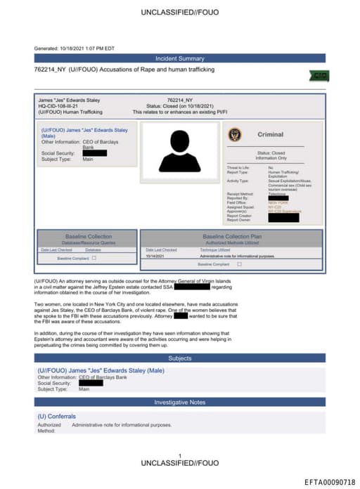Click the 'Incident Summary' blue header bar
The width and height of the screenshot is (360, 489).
[x=179, y=58]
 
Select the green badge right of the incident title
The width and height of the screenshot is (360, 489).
[x=319, y=75]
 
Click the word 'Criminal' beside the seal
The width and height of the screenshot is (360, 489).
[x=271, y=134]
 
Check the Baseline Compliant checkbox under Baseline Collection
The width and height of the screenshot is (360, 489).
[x=94, y=258]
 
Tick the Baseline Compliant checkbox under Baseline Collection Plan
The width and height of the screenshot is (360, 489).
[x=239, y=264]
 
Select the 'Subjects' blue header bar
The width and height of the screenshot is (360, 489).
[x=179, y=358]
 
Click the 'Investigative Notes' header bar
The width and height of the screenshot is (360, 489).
[x=179, y=402]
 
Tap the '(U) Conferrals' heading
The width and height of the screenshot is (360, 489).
[x=56, y=417]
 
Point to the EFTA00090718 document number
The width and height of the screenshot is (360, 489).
[x=330, y=482]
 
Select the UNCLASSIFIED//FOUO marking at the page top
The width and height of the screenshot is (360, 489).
[x=179, y=13]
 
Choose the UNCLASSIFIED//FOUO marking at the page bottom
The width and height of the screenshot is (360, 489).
[x=179, y=464]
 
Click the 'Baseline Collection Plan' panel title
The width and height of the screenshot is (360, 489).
[x=231, y=237]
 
